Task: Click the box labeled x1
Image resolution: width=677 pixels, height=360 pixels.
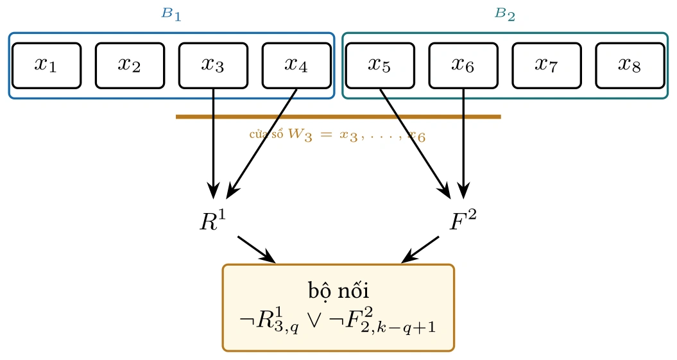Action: [x=47, y=65]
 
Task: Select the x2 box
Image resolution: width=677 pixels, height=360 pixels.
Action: [x=130, y=65]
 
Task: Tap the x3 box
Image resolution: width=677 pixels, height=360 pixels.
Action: [x=213, y=65]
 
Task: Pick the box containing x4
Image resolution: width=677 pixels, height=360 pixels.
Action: [x=296, y=65]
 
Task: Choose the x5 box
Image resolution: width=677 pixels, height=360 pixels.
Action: [x=380, y=65]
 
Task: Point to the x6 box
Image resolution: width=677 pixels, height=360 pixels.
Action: [x=463, y=65]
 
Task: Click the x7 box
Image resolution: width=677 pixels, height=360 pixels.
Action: [x=547, y=65]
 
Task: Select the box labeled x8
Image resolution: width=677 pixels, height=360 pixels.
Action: [x=630, y=65]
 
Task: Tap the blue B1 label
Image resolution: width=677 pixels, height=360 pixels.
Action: [x=171, y=14]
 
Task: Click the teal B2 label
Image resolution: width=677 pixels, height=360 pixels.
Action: [x=505, y=14]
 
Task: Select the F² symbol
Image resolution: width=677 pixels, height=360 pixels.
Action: [x=463, y=221]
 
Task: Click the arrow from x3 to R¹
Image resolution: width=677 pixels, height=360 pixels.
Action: [x=213, y=143]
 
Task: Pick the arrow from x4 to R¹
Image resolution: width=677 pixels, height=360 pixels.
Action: [x=262, y=143]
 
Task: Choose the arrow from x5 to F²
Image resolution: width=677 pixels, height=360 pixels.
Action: [x=415, y=143]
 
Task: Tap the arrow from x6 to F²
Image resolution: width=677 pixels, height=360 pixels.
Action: [x=463, y=143]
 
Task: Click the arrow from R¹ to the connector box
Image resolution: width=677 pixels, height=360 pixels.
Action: [x=257, y=249]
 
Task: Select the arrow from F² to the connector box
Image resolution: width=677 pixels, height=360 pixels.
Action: [x=420, y=249]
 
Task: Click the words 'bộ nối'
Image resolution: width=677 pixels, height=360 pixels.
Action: [x=339, y=291]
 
